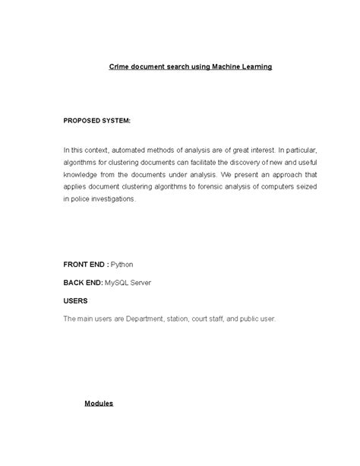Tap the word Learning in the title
pyautogui.click(x=255, y=67)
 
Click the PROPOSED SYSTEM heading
pyautogui.click(x=96, y=120)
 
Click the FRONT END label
pyautogui.click(x=84, y=265)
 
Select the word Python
pyautogui.click(x=122, y=265)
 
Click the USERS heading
pyautogui.click(x=75, y=301)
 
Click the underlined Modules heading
pyautogui.click(x=99, y=403)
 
